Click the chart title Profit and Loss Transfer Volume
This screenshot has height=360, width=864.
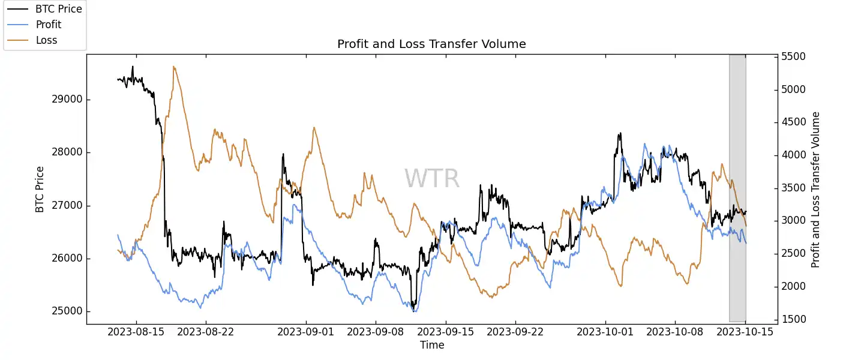(431, 44)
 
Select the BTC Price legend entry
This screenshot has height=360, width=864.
(59, 9)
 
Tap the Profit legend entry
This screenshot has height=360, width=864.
(49, 25)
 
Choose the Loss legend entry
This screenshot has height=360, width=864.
(47, 40)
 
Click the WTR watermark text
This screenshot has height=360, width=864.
(431, 179)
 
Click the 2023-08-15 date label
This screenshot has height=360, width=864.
(136, 331)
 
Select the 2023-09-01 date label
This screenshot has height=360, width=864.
(307, 331)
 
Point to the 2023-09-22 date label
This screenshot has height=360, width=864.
(515, 331)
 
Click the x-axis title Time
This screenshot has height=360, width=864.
(432, 345)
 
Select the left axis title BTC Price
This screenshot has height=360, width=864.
(40, 189)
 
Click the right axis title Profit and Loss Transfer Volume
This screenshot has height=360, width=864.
(815, 189)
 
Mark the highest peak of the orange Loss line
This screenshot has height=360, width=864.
(174, 67)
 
